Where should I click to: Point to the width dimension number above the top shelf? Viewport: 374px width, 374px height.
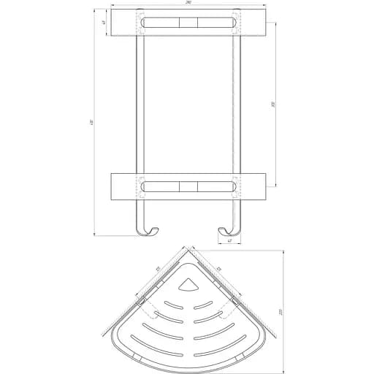click(x=189, y=7)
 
